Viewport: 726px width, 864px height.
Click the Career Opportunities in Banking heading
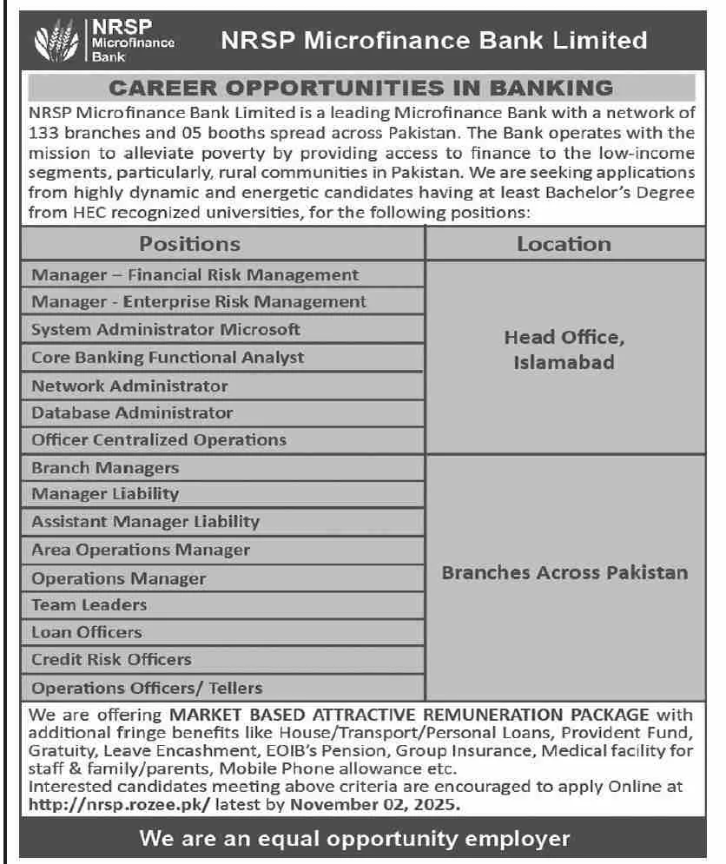[x=361, y=88]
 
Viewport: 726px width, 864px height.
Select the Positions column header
[x=190, y=244]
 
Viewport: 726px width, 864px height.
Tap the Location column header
[x=564, y=244]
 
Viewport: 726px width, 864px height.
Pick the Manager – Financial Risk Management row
[x=195, y=274]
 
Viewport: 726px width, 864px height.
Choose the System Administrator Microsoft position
[x=166, y=329]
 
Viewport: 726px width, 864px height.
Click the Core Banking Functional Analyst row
[x=168, y=357]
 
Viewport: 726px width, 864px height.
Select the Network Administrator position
[x=129, y=386]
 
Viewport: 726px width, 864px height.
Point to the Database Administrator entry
[x=132, y=412]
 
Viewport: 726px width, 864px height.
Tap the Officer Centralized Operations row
[x=159, y=439]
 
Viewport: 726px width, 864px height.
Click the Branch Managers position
[x=105, y=467]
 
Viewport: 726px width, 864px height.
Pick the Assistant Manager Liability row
[x=145, y=521]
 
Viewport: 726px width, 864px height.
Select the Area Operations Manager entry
[x=141, y=550]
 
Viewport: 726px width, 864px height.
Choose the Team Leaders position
[x=89, y=604]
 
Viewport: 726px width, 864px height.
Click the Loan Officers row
[x=87, y=632]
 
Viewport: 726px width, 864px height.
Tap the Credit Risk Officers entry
[x=111, y=659]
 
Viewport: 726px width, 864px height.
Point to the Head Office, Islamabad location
[x=564, y=349]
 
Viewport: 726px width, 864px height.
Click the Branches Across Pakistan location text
[x=564, y=573]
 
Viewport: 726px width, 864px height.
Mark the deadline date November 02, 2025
[x=373, y=805]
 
